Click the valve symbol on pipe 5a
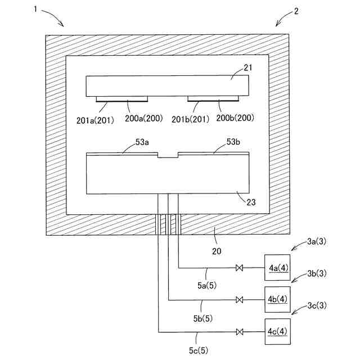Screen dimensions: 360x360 (240, 268)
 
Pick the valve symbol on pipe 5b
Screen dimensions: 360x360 (240, 299)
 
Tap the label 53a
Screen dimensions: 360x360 (142, 143)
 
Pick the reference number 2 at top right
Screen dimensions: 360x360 (297, 11)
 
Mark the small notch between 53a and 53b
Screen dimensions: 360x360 (168, 155)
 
